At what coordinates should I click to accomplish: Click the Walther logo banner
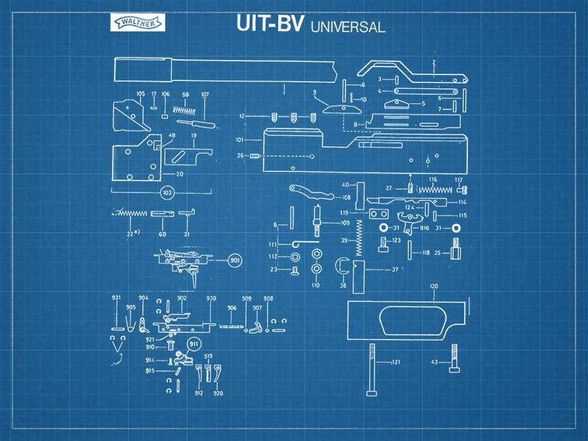[138, 24]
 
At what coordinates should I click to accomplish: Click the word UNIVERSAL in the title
[347, 27]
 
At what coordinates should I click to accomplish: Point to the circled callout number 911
[193, 343]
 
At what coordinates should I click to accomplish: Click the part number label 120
[433, 287]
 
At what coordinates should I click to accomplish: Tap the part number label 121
[396, 363]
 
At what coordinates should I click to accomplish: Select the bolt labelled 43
[455, 359]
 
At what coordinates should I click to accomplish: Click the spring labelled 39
[359, 237]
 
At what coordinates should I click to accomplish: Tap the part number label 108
[346, 197]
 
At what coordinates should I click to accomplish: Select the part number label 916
[425, 228]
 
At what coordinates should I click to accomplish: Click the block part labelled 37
[359, 276]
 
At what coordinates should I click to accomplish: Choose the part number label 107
[204, 95]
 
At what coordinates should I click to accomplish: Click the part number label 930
[211, 299]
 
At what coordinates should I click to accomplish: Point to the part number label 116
[432, 179]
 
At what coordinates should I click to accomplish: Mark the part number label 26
[240, 156]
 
